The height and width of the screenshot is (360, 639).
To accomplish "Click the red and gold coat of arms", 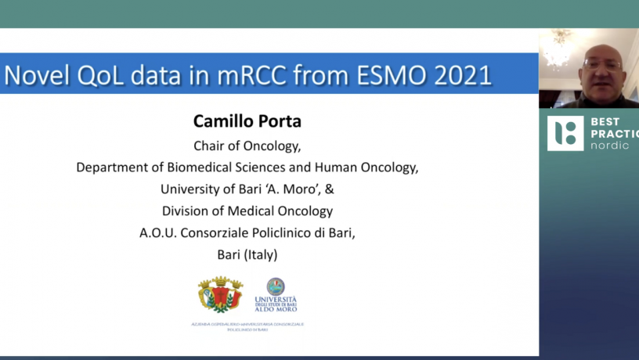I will pos(220,295).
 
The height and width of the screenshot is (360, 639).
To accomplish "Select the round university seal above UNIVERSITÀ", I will pos(276,286).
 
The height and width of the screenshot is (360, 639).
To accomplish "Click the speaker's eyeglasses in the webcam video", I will pos(601,63).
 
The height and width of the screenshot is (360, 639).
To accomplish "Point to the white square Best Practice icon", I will pos(565,133).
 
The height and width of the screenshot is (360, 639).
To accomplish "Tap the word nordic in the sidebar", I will pos(609,146).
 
